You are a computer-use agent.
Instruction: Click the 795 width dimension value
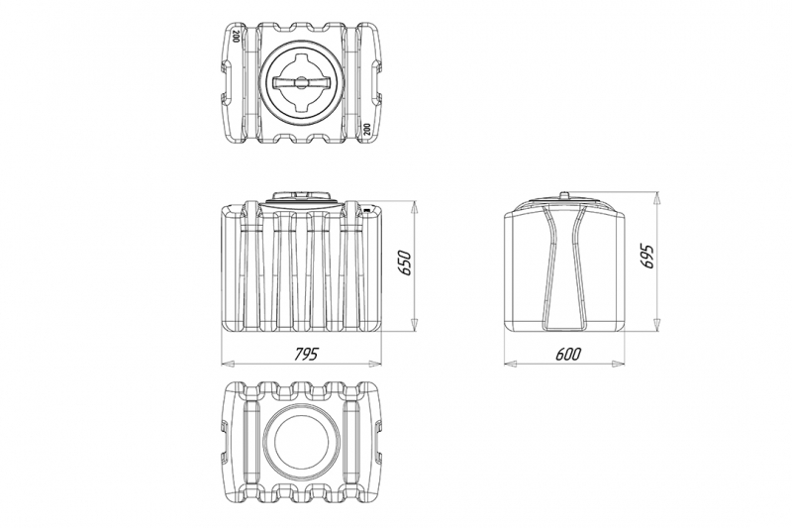307,354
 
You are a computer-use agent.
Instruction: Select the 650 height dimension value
406,263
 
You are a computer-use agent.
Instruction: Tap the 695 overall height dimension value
647,257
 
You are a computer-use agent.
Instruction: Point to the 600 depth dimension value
568,354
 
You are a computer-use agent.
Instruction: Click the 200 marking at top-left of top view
236,36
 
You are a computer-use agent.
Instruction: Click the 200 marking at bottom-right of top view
366,129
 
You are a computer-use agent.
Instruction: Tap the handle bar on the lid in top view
301,83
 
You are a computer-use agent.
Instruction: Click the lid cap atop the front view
302,196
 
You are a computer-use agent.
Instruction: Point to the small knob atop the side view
564,194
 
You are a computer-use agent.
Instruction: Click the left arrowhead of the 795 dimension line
228,364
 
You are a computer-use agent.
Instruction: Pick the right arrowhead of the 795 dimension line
375,364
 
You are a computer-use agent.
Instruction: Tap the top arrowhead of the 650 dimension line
414,208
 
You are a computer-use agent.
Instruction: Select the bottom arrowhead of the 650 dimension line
414,325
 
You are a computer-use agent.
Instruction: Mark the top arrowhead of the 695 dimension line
656,198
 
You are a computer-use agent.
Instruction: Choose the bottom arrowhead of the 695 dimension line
656,325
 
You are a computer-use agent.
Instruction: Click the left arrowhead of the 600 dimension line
511,364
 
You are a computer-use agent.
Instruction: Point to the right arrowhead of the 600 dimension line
618,364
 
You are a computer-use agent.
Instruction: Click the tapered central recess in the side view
564,267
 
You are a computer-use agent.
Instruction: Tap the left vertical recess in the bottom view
251,442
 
